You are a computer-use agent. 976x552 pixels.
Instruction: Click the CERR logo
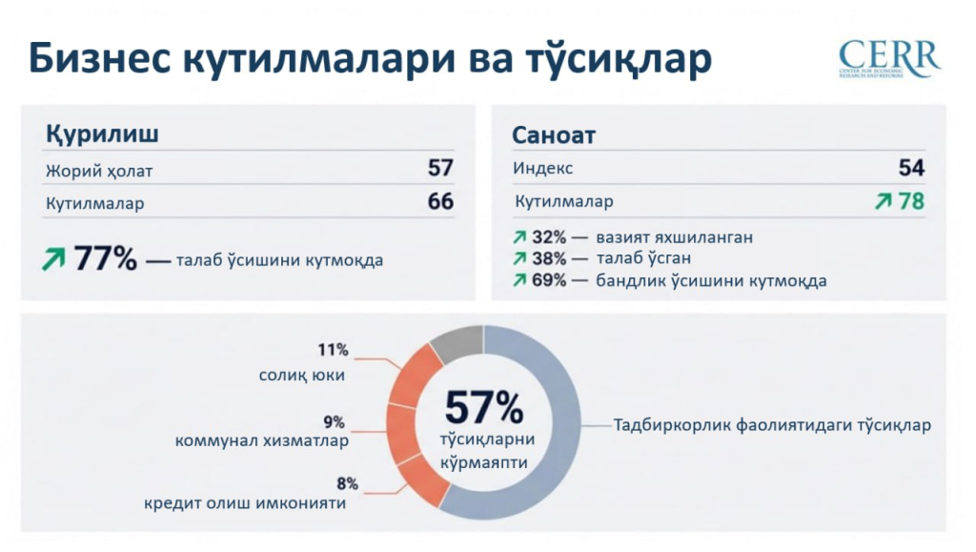[888, 59]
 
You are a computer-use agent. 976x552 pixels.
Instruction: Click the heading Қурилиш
[102, 134]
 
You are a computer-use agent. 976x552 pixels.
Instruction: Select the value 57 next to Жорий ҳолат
[440, 169]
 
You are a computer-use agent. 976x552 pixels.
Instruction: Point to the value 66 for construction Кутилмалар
[440, 202]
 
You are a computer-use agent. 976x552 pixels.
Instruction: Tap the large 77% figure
[105, 258]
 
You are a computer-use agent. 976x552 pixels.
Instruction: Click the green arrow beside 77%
[53, 259]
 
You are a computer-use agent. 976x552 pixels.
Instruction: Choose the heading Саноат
[554, 135]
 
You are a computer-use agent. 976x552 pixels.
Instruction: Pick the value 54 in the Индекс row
[911, 168]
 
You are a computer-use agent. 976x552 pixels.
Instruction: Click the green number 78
[911, 202]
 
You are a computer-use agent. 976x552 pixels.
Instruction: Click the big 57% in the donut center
[483, 408]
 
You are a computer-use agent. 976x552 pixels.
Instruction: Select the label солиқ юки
[302, 376]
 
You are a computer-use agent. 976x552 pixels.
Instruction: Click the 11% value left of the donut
[334, 350]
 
